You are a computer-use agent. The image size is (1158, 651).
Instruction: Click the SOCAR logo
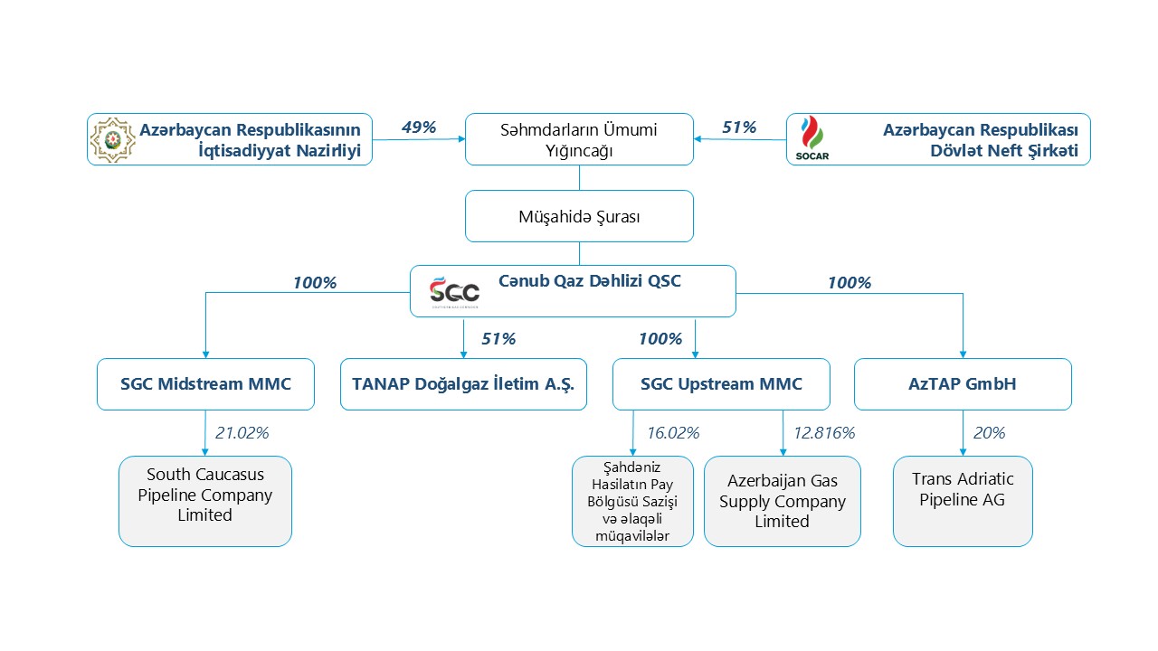[812, 138]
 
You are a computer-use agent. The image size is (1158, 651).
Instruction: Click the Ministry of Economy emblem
[112, 139]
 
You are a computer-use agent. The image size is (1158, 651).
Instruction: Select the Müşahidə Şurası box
[579, 216]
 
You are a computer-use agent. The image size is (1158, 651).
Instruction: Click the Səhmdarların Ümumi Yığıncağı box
[579, 139]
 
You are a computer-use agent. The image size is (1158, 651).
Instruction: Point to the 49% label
[418, 127]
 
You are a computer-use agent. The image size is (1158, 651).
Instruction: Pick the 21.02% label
[242, 433]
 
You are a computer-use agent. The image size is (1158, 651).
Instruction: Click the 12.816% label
[823, 433]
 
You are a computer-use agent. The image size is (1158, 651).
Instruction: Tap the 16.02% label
[672, 433]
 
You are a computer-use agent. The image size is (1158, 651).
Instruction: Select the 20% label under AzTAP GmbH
[989, 433]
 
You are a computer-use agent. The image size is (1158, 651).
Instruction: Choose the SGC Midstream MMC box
[205, 384]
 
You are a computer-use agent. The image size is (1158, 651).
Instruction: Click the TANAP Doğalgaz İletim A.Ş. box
[463, 384]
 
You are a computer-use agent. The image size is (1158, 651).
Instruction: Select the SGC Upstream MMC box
[721, 384]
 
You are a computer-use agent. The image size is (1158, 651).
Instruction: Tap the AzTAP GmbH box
[963, 384]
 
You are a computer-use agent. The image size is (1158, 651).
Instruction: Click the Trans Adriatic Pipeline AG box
[963, 501]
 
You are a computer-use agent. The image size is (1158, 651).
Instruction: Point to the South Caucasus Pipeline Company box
[205, 501]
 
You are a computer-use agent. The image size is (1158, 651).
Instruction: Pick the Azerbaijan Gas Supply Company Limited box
[783, 501]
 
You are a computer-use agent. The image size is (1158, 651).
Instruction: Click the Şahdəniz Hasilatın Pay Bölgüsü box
[632, 501]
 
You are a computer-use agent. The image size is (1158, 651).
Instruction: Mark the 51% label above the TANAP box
[498, 339]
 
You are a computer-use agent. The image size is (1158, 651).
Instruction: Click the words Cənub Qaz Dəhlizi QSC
[590, 281]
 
